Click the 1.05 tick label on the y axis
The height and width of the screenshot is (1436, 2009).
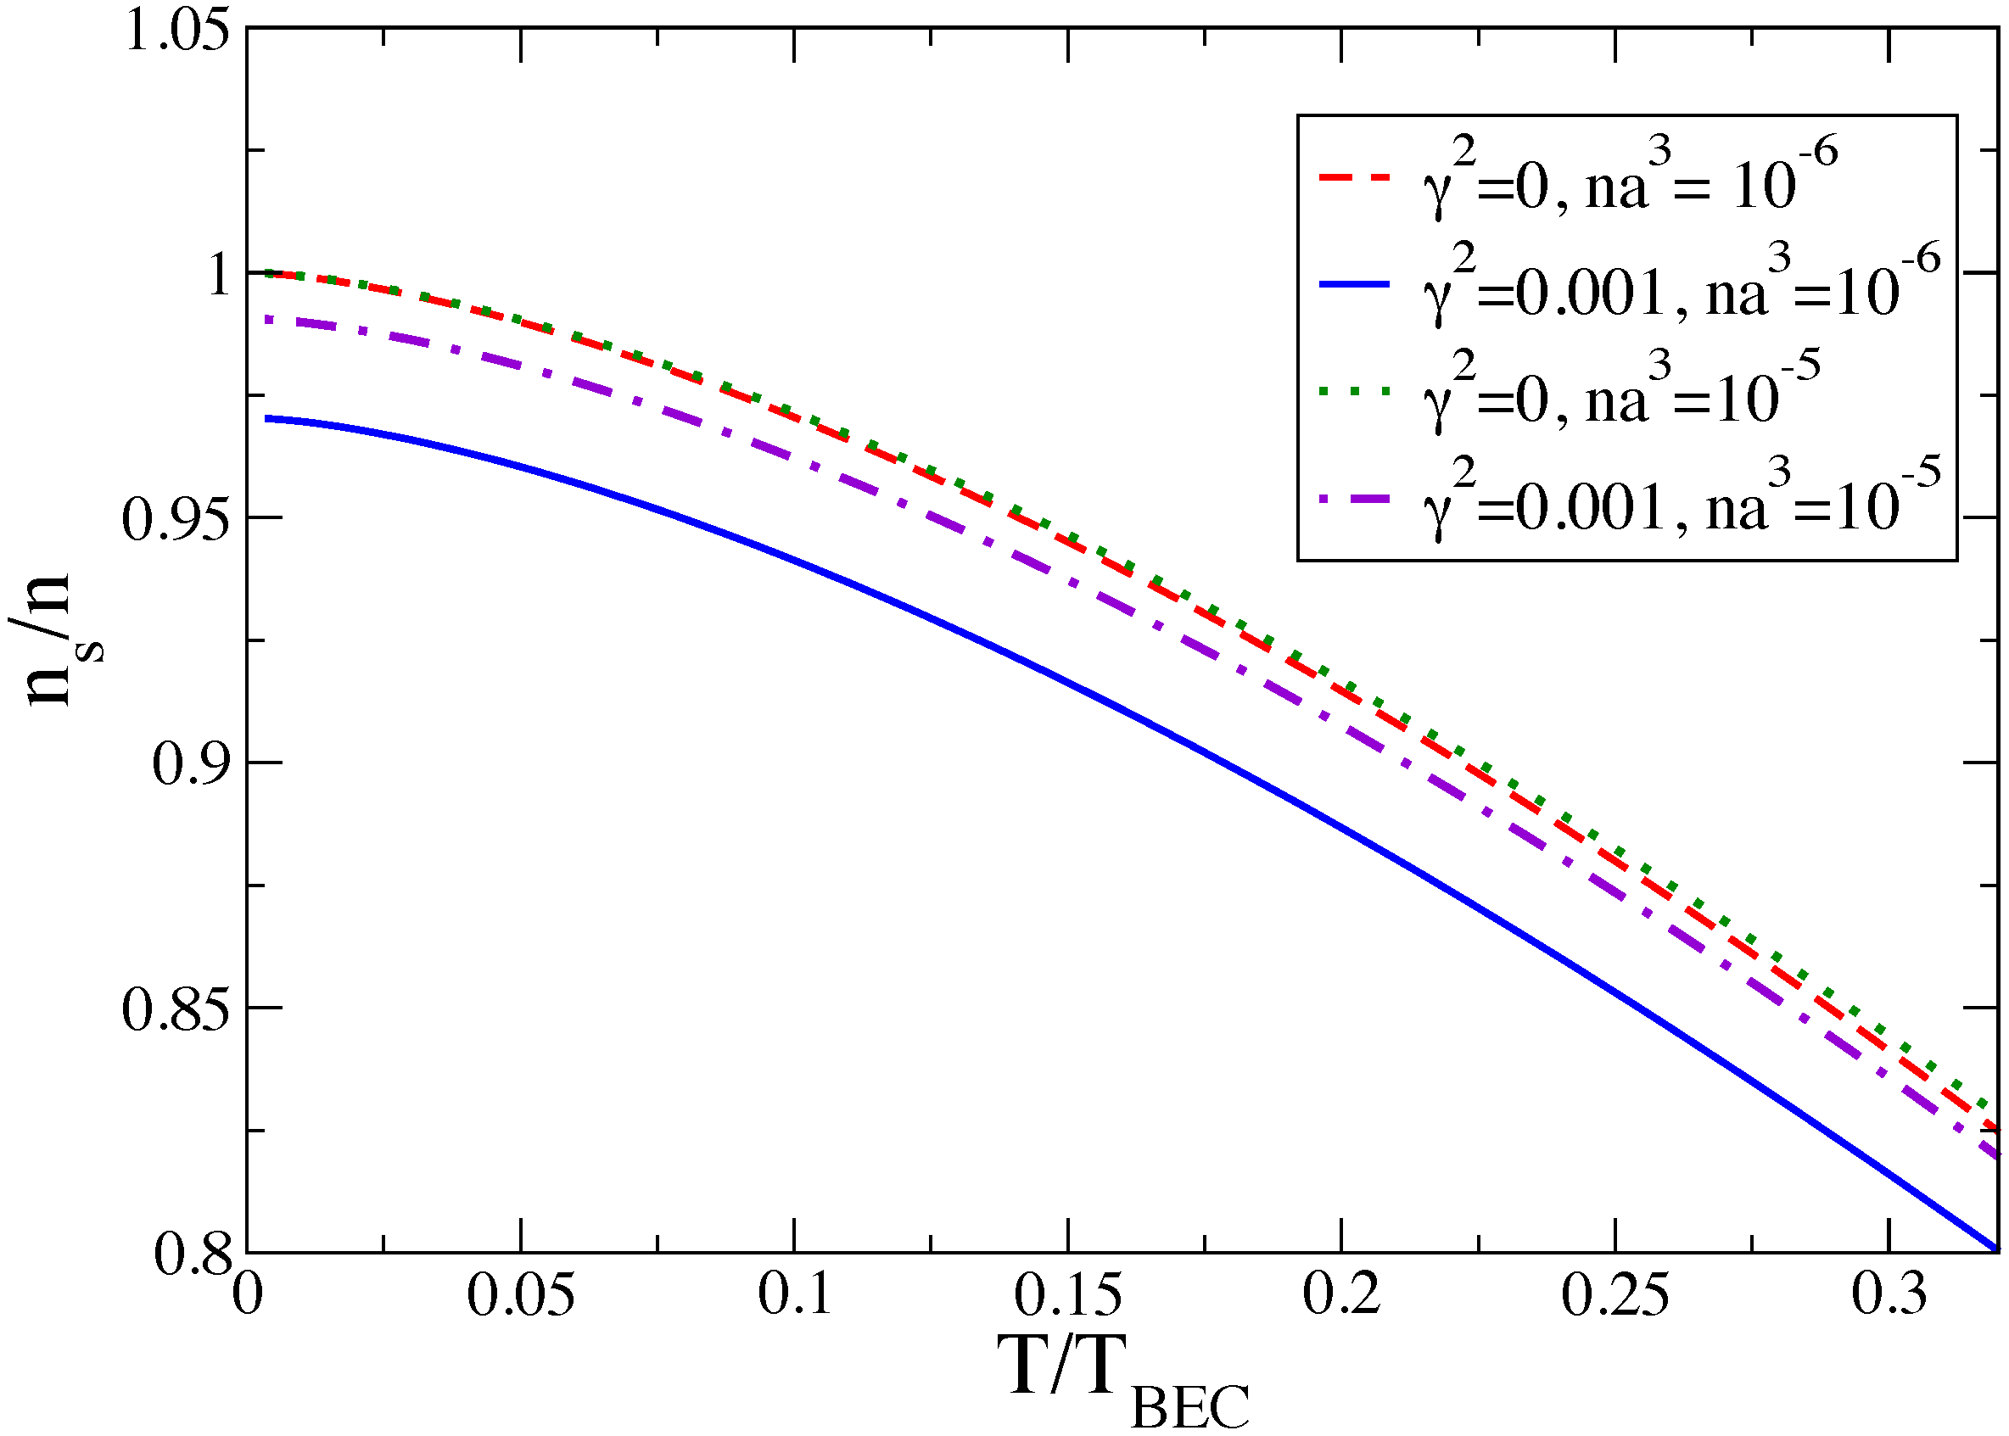176,30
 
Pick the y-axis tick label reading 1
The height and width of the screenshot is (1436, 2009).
219,274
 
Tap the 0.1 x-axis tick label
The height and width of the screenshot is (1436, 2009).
794,1294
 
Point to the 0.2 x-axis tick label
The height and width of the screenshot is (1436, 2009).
1340,1294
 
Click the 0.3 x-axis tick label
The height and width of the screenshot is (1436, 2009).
1889,1294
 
